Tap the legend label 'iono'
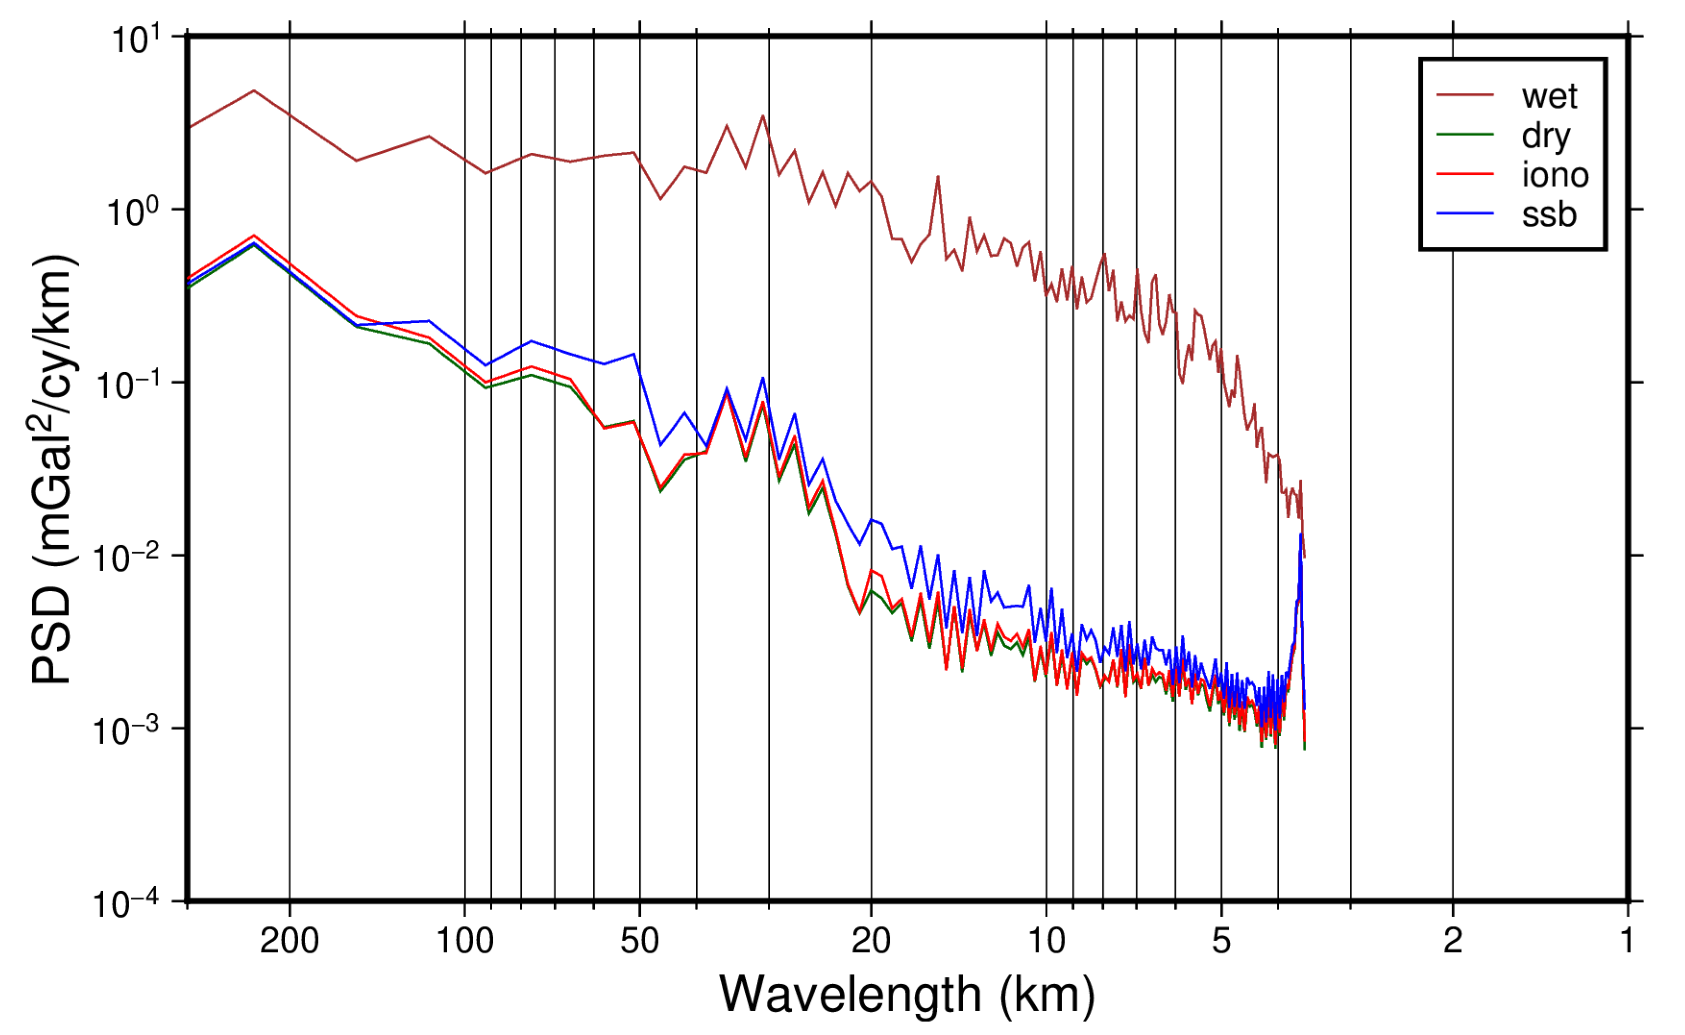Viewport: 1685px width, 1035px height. (x=1555, y=175)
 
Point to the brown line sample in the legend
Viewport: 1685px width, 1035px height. (x=1465, y=95)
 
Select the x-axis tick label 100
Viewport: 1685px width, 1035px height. (x=465, y=941)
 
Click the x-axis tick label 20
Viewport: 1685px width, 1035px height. (x=871, y=941)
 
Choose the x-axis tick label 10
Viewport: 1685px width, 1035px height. (x=1046, y=941)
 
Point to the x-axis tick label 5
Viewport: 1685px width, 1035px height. (x=1222, y=941)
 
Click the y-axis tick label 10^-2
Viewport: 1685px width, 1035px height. (x=127, y=558)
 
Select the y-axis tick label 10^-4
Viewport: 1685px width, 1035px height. (x=127, y=903)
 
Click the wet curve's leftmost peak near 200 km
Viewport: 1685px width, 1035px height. (x=254, y=90)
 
